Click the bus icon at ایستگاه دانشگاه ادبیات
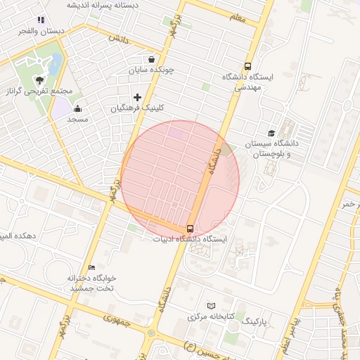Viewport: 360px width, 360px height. coord(190,229)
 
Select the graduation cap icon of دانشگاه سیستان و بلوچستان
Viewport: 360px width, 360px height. coord(271,133)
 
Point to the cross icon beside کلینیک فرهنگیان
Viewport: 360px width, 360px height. coord(137,96)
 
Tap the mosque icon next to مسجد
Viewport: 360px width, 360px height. coord(77,109)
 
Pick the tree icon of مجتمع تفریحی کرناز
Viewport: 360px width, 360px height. coord(40,80)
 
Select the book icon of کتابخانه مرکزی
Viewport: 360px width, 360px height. coord(213,307)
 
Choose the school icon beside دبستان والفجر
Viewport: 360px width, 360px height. coord(41,20)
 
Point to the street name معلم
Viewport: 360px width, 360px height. coord(237,18)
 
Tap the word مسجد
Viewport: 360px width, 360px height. coord(77,120)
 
